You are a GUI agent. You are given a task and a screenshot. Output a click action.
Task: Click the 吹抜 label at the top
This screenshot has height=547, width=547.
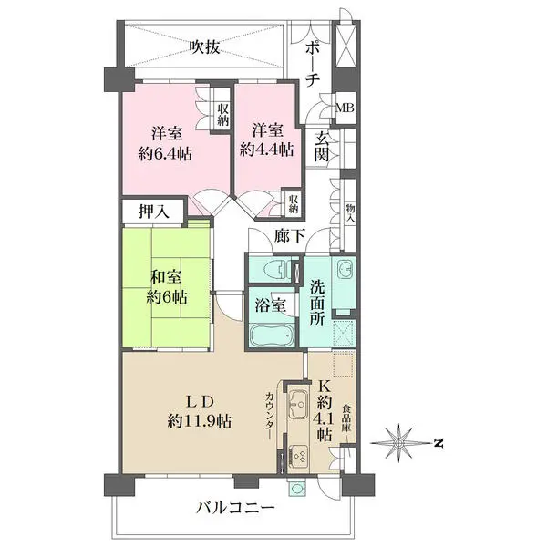pyautogui.click(x=205, y=47)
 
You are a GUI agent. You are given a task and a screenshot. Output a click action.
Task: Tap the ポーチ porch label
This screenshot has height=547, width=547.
pyautogui.click(x=313, y=66)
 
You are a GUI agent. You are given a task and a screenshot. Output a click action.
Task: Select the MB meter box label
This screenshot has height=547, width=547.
pyautogui.click(x=345, y=108)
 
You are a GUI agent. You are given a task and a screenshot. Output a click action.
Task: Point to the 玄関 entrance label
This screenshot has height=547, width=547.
pyautogui.click(x=321, y=147)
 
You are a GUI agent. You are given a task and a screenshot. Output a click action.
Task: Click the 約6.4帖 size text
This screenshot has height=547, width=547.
pyautogui.click(x=165, y=153)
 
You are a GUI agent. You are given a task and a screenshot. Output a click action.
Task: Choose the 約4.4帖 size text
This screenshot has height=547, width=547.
pyautogui.click(x=267, y=150)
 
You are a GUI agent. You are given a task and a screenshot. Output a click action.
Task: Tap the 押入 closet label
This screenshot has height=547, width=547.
pyautogui.click(x=154, y=212)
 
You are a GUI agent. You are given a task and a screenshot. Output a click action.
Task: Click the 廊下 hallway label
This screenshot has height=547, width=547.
pyautogui.click(x=290, y=236)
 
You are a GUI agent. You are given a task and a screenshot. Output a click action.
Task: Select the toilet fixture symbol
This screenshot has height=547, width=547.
pyautogui.click(x=275, y=270)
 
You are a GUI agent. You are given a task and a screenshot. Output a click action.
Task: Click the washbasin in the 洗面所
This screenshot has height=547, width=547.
pyautogui.click(x=345, y=271)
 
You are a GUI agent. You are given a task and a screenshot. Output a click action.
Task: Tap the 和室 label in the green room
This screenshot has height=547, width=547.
pyautogui.click(x=166, y=277)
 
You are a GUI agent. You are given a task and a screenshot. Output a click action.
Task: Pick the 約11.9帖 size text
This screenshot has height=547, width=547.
pyautogui.click(x=199, y=421)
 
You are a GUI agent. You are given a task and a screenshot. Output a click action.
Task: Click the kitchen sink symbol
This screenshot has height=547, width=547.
pyautogui.click(x=298, y=403)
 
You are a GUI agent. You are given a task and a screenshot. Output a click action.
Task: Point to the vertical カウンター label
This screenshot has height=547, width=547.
pyautogui.click(x=269, y=416)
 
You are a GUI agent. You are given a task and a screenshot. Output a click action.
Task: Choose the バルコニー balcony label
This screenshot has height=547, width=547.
pyautogui.click(x=235, y=508)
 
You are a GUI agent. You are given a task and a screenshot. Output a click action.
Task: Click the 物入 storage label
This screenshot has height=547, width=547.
pyautogui.click(x=350, y=213)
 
